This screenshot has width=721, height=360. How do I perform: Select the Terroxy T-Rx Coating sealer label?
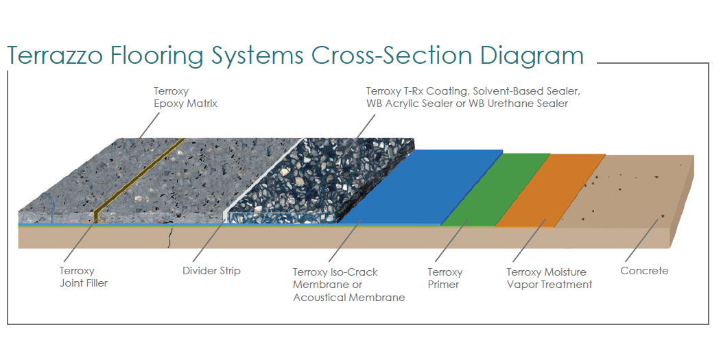click(473, 97)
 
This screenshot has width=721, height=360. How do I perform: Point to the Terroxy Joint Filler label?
click(83, 276)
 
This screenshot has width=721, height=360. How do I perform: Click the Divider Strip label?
click(211, 271)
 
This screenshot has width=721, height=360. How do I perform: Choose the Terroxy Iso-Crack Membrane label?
click(348, 285)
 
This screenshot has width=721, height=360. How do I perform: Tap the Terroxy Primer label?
click(445, 278)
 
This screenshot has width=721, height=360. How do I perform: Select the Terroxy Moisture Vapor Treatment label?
click(549, 278)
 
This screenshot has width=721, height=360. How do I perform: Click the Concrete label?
click(643, 271)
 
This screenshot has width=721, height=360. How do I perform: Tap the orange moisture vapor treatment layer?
click(549, 189)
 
